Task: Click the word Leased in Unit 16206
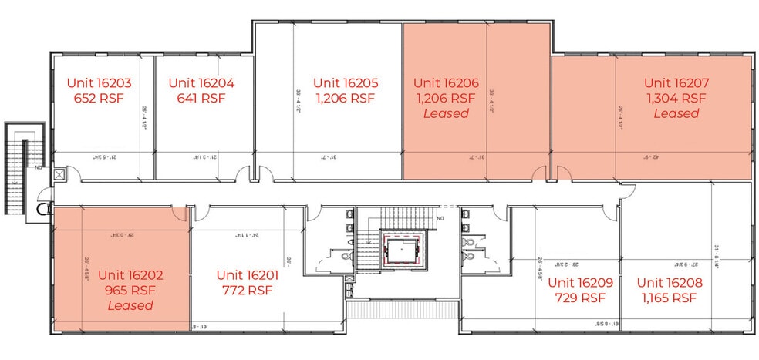(x=446, y=113)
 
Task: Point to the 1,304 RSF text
(x=676, y=98)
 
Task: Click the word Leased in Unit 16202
(x=130, y=305)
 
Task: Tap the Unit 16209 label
(x=580, y=283)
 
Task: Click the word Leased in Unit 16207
(x=676, y=113)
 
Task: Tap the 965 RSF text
(x=130, y=290)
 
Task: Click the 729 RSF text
(x=580, y=298)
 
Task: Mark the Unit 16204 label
(x=201, y=82)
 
